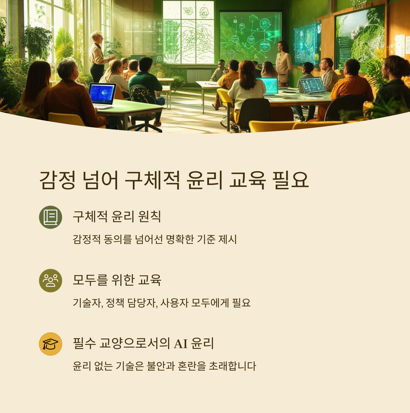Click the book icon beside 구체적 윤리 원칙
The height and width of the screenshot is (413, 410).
point(50,217)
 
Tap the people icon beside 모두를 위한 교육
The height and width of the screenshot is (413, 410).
point(50,281)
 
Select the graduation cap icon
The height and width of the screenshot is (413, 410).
point(50,344)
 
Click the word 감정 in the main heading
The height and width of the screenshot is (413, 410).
point(57,179)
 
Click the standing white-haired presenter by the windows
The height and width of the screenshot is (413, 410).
point(97,56)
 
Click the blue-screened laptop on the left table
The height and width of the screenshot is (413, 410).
point(102,94)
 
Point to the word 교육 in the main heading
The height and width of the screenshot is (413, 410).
point(240,179)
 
